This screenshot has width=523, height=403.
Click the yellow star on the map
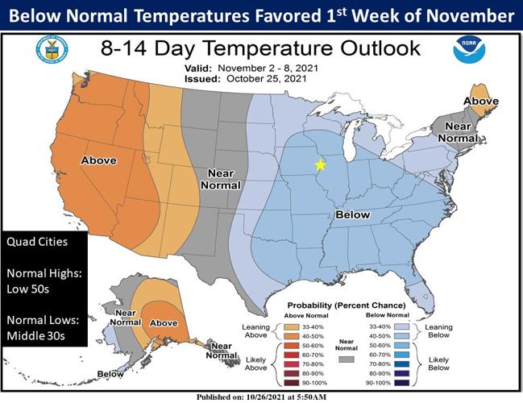tap(320, 164)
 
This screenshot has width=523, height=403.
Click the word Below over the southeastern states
tap(352, 215)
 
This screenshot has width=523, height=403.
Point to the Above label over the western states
tap(98, 161)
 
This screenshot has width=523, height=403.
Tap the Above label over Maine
tap(481, 102)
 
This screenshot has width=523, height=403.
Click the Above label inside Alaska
tap(164, 323)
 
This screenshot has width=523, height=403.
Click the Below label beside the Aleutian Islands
tap(110, 374)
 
